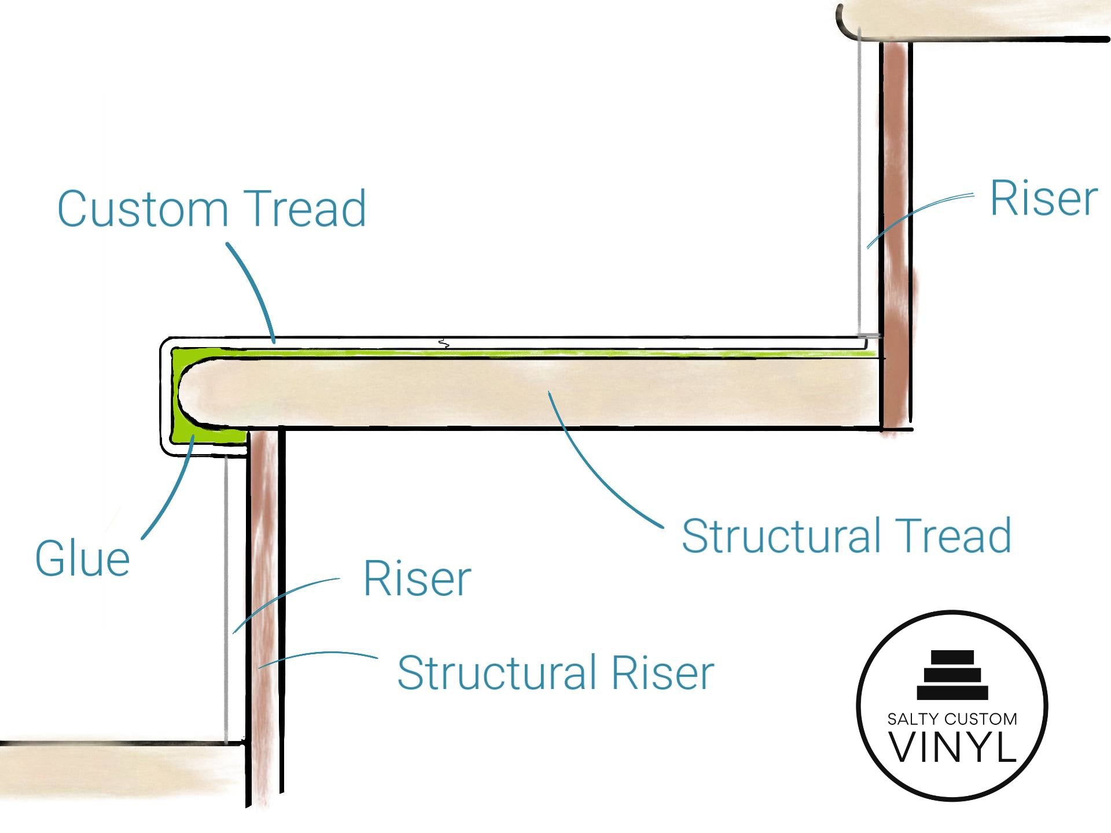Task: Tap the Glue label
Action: [82, 559]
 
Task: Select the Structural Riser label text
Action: [555, 673]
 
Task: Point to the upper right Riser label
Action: [1043, 198]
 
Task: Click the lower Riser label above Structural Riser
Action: [417, 578]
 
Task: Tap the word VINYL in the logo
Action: [952, 747]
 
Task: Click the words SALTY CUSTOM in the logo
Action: [952, 719]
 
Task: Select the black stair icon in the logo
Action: [952, 675]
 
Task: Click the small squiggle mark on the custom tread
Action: [443, 343]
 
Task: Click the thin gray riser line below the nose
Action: [226, 596]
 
